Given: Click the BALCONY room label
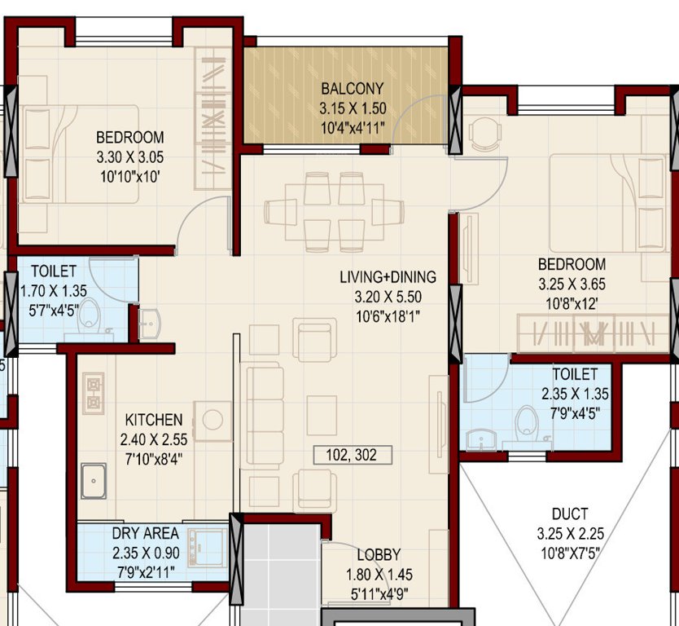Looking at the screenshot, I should [352, 89].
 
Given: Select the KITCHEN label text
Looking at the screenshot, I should [153, 421].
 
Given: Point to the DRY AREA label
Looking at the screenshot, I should [145, 534].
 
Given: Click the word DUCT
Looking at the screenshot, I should [569, 514].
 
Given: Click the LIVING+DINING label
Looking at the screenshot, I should [388, 277].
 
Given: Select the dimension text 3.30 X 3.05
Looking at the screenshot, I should [129, 156].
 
